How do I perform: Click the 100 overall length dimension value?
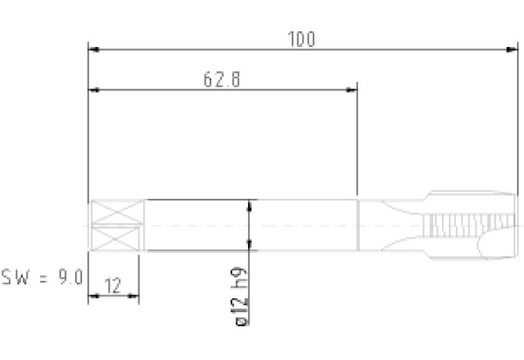click(x=301, y=39)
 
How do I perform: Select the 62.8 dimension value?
click(x=222, y=80)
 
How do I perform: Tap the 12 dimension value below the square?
click(x=113, y=286)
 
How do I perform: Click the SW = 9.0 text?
click(x=41, y=277)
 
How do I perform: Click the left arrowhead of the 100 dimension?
click(x=94, y=49)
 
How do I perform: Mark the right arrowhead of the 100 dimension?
click(x=512, y=49)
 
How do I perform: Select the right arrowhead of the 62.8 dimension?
click(x=351, y=90)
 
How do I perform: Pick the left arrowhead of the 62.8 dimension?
click(x=94, y=90)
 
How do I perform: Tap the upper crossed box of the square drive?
click(x=117, y=212)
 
